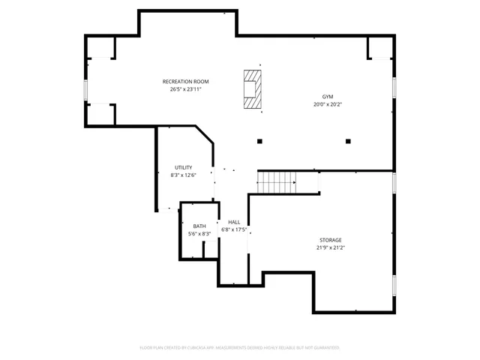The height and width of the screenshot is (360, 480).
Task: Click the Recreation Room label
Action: (185, 81)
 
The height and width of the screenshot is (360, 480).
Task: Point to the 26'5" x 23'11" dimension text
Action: (185, 88)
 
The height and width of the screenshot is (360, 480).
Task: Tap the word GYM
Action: (328, 97)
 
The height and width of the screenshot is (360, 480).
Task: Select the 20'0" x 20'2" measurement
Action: (328, 105)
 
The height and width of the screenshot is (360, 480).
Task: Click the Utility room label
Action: (183, 167)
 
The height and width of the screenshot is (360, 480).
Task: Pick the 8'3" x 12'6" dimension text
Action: (183, 175)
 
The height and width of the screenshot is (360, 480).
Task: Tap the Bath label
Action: (199, 226)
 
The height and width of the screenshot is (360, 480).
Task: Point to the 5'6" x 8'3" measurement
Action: (199, 233)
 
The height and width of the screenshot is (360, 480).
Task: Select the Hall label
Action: (234, 222)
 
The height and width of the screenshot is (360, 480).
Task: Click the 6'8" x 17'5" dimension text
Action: (234, 229)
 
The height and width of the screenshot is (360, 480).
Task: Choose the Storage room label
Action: (330, 240)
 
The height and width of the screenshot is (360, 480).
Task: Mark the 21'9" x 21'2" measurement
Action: (330, 247)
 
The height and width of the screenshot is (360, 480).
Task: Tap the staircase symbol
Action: (277, 181)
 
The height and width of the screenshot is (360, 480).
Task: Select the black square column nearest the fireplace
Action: (259, 140)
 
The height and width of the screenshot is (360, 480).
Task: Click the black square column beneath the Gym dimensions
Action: (348, 140)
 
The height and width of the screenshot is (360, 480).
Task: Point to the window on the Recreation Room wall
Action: (86, 90)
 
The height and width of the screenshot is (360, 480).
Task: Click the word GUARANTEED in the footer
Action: (325, 348)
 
